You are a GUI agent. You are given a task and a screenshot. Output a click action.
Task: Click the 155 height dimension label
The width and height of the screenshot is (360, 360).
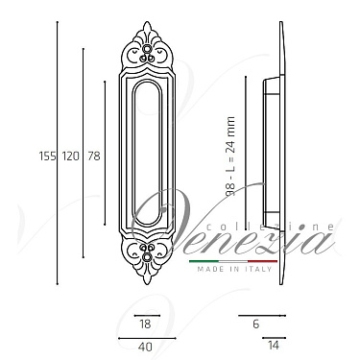pos(47,155)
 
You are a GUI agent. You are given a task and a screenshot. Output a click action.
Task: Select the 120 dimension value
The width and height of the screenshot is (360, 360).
pos(70,155)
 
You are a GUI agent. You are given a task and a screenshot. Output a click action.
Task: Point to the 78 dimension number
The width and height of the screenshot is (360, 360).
pos(92,155)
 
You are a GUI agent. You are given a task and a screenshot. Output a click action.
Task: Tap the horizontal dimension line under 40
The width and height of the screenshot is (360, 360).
pos(146,338)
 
